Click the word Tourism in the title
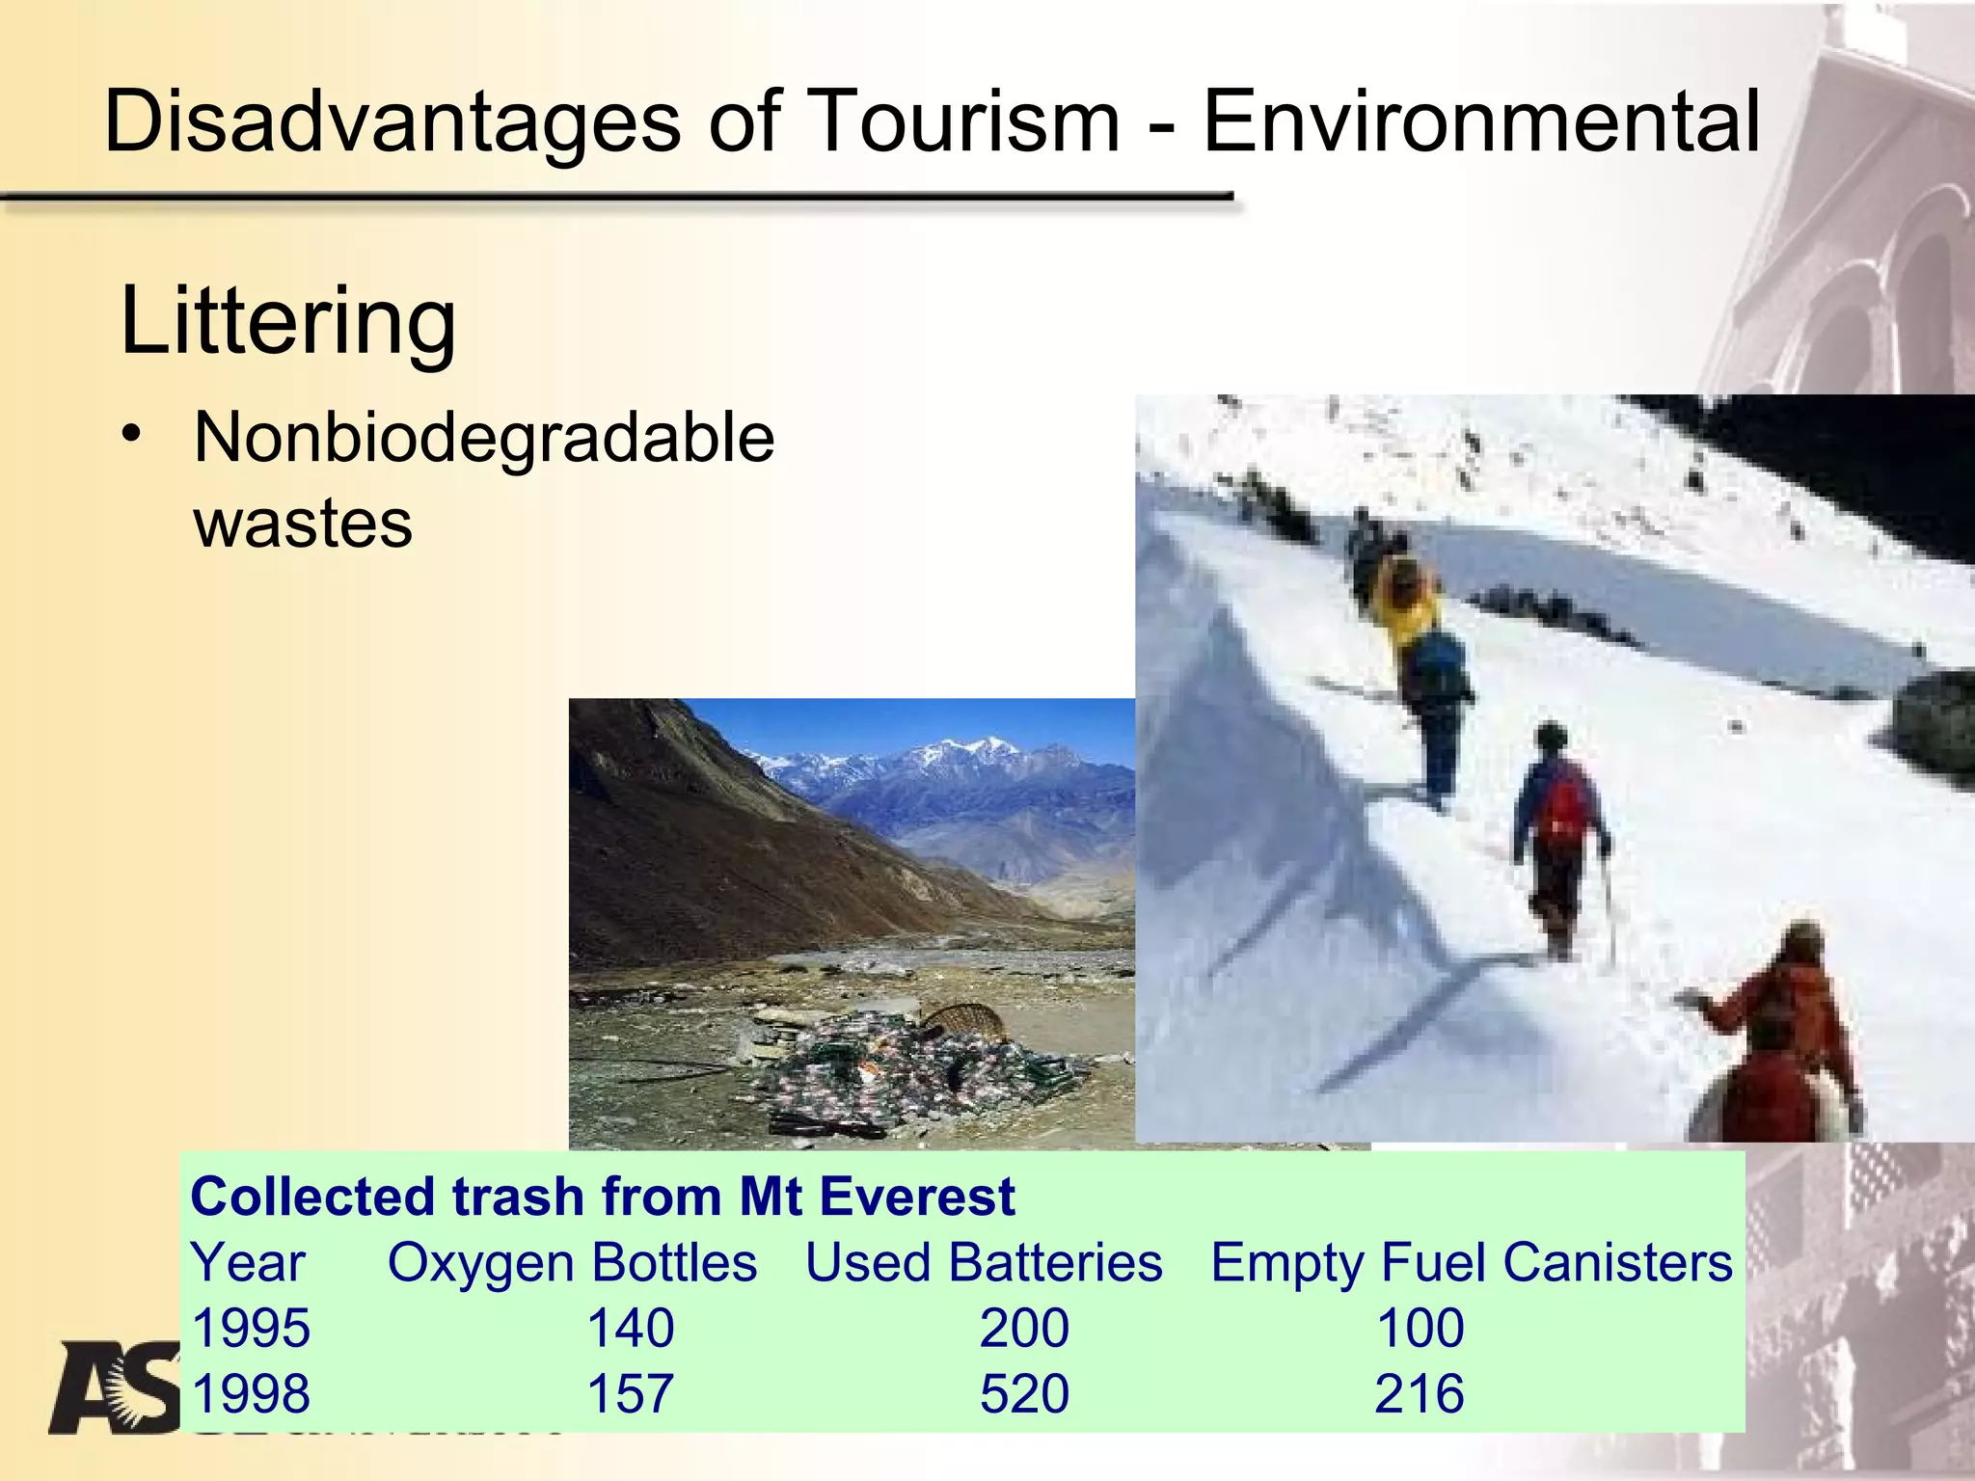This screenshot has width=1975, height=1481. coord(965,121)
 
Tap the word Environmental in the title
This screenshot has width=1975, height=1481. coord(1482,121)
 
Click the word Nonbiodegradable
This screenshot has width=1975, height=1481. coord(484,438)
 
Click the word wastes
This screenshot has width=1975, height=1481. coord(303,524)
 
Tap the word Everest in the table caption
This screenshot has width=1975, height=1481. coord(916,1197)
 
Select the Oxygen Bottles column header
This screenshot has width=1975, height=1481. coord(572,1262)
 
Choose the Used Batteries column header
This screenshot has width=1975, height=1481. coord(984,1262)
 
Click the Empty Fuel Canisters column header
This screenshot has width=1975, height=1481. coord(1471,1262)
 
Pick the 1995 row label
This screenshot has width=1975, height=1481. coord(251,1328)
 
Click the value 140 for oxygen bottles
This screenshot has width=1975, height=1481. coord(631,1328)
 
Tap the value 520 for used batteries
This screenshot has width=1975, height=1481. coord(1024,1393)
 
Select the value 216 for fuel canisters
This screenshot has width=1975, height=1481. coord(1420,1393)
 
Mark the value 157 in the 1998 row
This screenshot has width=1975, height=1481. coord(631,1393)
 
